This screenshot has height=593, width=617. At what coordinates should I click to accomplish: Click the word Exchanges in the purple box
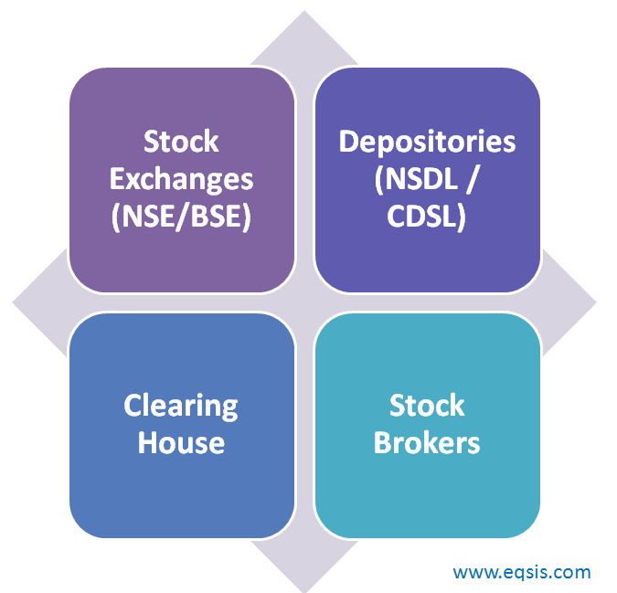pyautogui.click(x=181, y=181)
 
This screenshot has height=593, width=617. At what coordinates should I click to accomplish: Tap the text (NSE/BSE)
pyautogui.click(x=181, y=217)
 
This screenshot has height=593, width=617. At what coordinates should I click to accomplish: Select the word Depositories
pyautogui.click(x=428, y=143)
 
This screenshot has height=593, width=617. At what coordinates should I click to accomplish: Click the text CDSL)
pyautogui.click(x=427, y=217)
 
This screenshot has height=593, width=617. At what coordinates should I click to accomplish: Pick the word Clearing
pyautogui.click(x=181, y=407)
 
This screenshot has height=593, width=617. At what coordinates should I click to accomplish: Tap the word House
pyautogui.click(x=181, y=443)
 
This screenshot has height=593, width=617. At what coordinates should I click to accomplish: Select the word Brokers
pyautogui.click(x=427, y=443)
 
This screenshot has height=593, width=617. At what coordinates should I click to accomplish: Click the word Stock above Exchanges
pyautogui.click(x=181, y=142)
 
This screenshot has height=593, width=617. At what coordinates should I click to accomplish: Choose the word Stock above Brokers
pyautogui.click(x=427, y=406)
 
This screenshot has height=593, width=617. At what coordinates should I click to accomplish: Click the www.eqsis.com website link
pyautogui.click(x=522, y=573)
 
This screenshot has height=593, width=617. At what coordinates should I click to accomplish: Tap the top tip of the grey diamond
pyautogui.click(x=304, y=11)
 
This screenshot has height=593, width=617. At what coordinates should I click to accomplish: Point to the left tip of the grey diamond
pyautogui.click(x=13, y=302)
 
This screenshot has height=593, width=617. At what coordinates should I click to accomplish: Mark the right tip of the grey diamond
pyautogui.click(x=596, y=302)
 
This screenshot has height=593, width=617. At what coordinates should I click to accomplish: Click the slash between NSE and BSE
pyautogui.click(x=182, y=217)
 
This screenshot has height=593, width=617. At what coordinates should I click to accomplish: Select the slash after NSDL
pyautogui.click(x=473, y=179)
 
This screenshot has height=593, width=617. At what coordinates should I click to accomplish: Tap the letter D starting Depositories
pyautogui.click(x=349, y=142)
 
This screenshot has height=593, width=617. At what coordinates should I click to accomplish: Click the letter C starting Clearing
pyautogui.click(x=133, y=405)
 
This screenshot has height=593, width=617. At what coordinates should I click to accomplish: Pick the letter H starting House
pyautogui.click(x=148, y=442)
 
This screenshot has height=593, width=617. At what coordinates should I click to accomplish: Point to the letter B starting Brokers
pyautogui.click(x=382, y=442)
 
